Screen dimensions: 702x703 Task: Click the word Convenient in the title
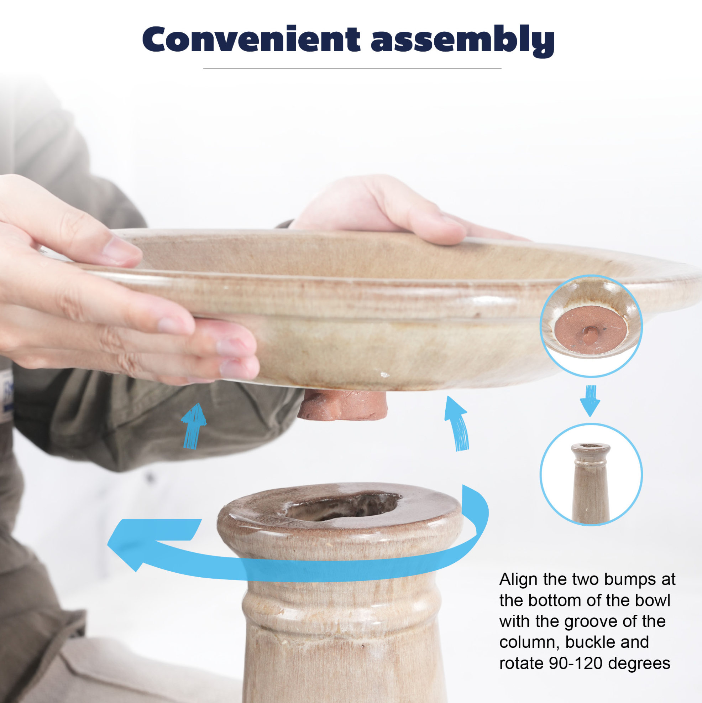(251, 39)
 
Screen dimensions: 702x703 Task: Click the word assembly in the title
(462, 41)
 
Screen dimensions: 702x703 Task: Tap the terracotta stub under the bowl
(342, 403)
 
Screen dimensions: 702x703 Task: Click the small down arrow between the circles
(590, 401)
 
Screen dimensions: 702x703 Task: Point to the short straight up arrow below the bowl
(194, 425)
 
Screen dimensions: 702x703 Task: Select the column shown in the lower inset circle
(590, 483)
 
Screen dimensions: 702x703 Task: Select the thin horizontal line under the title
(352, 68)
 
